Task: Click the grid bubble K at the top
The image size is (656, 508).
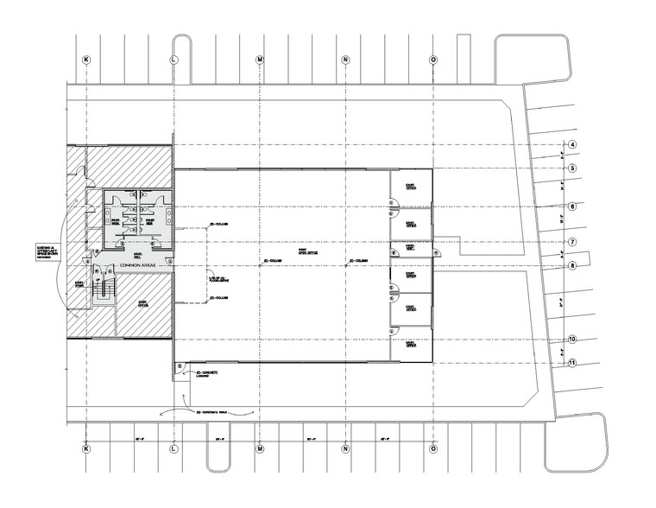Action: (x=85, y=60)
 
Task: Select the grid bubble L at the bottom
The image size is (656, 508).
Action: (x=173, y=449)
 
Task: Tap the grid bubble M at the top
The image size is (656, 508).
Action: (x=259, y=60)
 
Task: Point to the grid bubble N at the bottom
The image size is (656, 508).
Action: (x=345, y=449)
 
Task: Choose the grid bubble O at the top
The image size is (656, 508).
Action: (x=432, y=60)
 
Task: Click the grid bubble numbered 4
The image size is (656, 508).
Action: (x=572, y=144)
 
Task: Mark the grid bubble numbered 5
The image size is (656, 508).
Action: (x=572, y=168)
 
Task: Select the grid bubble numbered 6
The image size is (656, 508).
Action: (x=572, y=207)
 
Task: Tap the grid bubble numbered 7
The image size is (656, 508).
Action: (x=572, y=242)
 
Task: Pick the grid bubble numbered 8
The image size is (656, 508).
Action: (x=572, y=265)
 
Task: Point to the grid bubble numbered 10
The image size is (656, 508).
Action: (x=572, y=340)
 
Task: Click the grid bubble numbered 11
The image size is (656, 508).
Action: (x=572, y=364)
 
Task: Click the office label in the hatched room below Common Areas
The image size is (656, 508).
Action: (x=144, y=304)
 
